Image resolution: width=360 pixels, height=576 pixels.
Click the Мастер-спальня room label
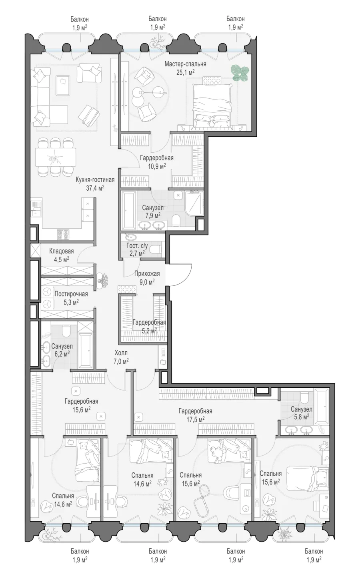point(185,64)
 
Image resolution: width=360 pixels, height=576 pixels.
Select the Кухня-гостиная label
point(95,179)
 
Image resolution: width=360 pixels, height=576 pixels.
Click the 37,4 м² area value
point(95,188)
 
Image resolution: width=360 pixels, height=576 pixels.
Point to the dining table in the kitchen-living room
point(56,157)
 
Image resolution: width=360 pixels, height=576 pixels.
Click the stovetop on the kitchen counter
point(63,234)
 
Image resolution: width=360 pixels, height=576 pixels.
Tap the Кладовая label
point(62,251)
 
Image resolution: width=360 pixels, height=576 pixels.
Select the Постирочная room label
point(71,294)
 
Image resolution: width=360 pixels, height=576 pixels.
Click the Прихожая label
point(147,273)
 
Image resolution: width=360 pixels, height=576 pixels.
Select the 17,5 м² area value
point(195,419)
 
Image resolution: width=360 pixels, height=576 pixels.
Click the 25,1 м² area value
point(185,72)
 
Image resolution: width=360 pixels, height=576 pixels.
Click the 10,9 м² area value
point(157,166)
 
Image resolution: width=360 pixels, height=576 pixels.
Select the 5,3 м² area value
point(71,302)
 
